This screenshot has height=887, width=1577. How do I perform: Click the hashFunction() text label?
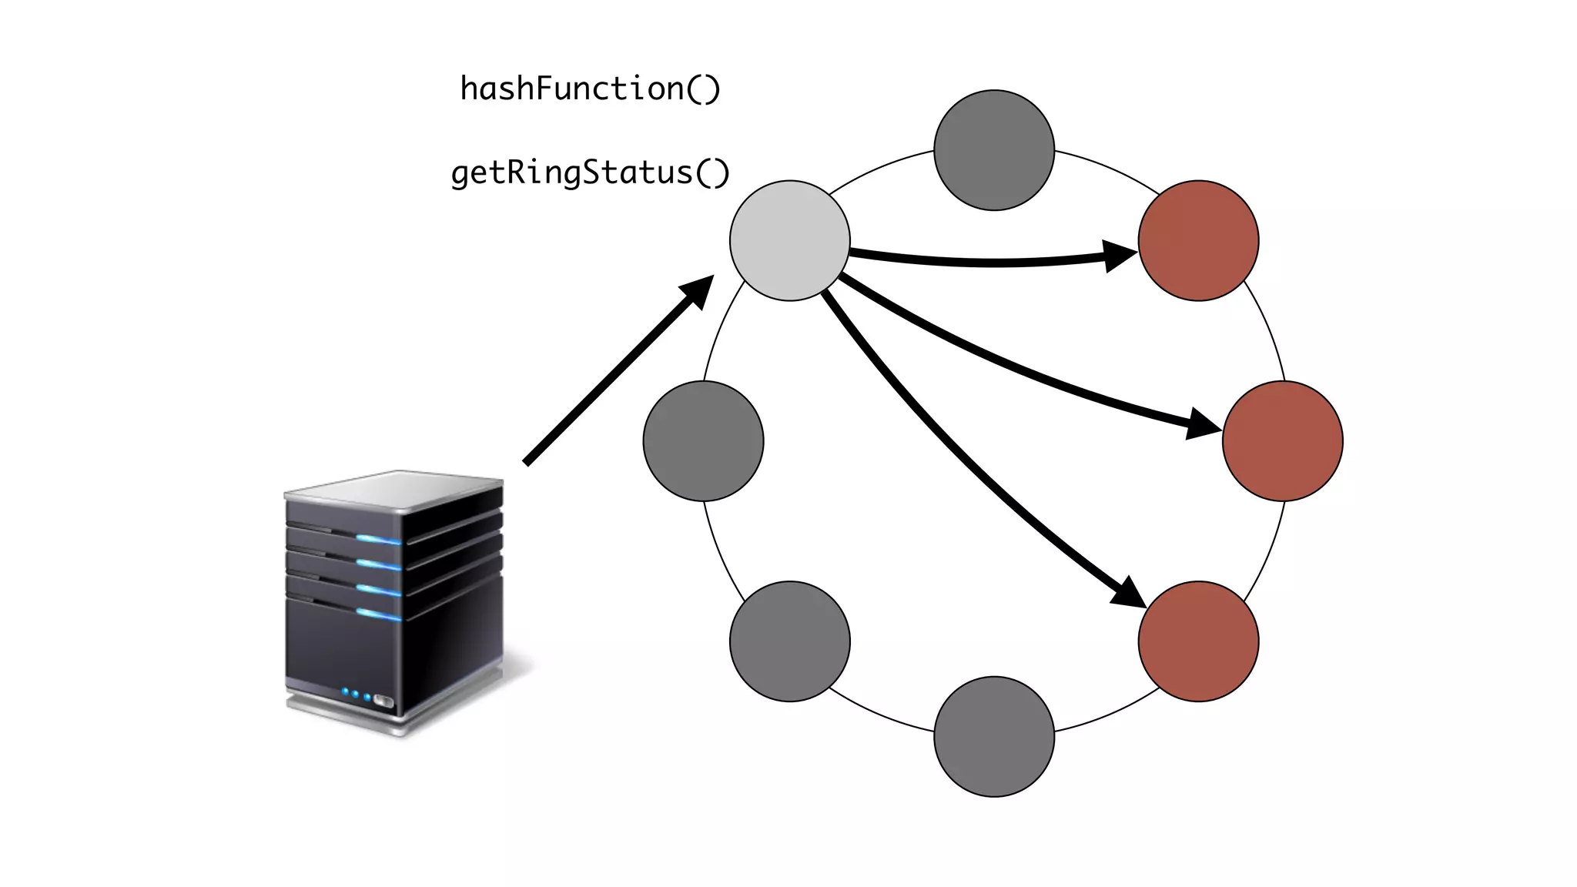(590, 89)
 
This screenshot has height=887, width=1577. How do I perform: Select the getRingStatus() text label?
(590, 173)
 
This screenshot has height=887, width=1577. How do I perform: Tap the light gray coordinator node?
(789, 241)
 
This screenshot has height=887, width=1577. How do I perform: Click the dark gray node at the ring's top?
(993, 150)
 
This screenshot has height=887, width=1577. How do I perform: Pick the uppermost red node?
(1198, 241)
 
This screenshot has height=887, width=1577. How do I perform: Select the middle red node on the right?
(1282, 441)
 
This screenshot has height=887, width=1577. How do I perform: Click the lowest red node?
(1198, 641)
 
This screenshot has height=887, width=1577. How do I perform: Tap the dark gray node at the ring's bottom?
(993, 737)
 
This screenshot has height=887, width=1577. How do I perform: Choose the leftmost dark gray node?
(703, 441)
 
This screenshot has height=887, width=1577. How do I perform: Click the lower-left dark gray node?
(789, 641)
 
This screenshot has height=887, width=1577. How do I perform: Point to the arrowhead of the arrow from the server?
(698, 290)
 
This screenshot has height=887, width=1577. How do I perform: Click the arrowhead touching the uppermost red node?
(1120, 256)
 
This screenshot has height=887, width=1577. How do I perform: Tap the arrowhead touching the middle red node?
(1203, 425)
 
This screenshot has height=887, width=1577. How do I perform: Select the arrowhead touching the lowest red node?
(1129, 592)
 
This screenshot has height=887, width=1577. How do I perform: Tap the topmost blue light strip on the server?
(378, 539)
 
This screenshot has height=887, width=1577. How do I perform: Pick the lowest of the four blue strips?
(378, 614)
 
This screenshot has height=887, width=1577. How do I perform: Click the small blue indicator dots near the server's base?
(356, 694)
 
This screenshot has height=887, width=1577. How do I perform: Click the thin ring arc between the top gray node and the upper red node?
(1109, 166)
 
